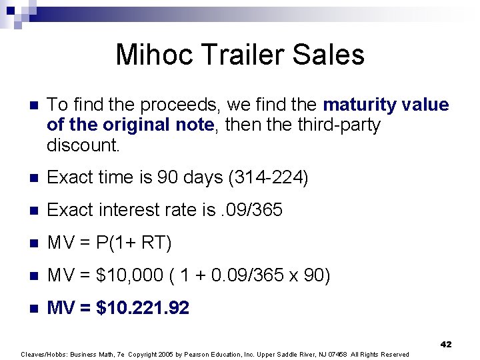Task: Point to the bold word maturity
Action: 361,105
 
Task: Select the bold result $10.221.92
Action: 143,308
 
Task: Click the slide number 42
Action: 446,345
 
